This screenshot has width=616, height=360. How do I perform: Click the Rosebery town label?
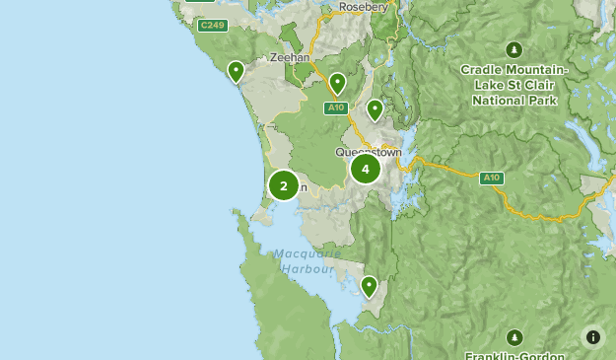click(365, 7)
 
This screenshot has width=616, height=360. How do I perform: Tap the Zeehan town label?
click(290, 58)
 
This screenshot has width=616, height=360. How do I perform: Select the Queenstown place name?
click(369, 153)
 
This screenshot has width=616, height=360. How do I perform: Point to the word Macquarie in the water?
click(307, 253)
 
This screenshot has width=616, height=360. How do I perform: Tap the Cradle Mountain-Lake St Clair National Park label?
click(514, 85)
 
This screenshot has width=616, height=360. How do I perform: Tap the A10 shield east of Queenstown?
click(492, 179)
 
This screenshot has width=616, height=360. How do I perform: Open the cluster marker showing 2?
click(284, 184)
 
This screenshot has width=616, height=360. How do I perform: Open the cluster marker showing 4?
click(366, 169)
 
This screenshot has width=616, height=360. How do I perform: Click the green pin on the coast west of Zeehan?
click(236, 71)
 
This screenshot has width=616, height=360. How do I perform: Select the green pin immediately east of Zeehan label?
click(337, 83)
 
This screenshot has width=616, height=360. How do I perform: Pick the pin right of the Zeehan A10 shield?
click(375, 109)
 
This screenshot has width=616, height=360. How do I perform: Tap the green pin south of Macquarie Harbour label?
click(369, 286)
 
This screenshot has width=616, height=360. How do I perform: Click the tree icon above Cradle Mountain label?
click(513, 49)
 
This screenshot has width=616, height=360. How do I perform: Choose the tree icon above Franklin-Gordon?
click(513, 337)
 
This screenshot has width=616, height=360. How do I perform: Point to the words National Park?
click(514, 100)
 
